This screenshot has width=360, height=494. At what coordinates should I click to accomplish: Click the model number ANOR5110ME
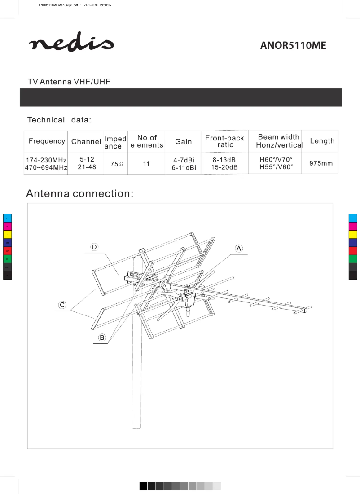(x=293, y=46)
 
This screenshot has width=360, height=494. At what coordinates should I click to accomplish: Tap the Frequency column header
(x=47, y=141)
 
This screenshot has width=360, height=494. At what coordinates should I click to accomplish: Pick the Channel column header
(x=86, y=142)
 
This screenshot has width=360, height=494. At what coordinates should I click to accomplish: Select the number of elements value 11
(x=146, y=164)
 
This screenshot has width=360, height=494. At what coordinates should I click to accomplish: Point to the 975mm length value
(x=321, y=163)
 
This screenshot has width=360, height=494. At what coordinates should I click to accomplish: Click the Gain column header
(x=184, y=142)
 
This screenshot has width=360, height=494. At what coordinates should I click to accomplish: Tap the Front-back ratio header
(x=225, y=141)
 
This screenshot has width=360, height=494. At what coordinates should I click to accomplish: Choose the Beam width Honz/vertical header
(x=279, y=141)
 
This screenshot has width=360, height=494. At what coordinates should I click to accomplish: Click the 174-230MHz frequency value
(x=46, y=160)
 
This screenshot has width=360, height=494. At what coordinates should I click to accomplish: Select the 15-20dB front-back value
(x=224, y=168)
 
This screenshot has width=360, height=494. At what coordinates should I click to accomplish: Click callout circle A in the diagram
(x=239, y=248)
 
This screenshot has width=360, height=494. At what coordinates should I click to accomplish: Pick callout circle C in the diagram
(x=63, y=305)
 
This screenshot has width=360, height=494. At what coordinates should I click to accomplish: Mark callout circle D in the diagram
(x=95, y=247)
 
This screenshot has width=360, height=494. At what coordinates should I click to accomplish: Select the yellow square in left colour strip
(x=7, y=235)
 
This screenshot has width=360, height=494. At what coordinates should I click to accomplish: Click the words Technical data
(x=59, y=120)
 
